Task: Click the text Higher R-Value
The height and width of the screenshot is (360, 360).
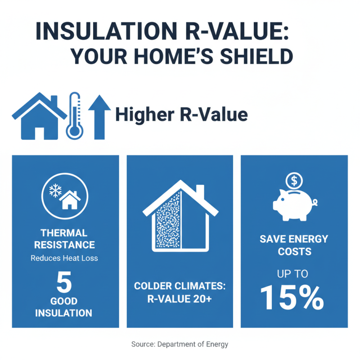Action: coord(181,115)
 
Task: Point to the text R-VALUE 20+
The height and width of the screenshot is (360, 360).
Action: coord(180,298)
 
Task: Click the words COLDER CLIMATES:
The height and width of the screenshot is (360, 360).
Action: coord(180,286)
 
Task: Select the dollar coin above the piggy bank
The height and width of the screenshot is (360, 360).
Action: coord(294,181)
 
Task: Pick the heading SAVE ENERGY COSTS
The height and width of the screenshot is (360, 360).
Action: coord(294,245)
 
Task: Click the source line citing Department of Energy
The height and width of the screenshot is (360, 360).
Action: coord(180,344)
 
